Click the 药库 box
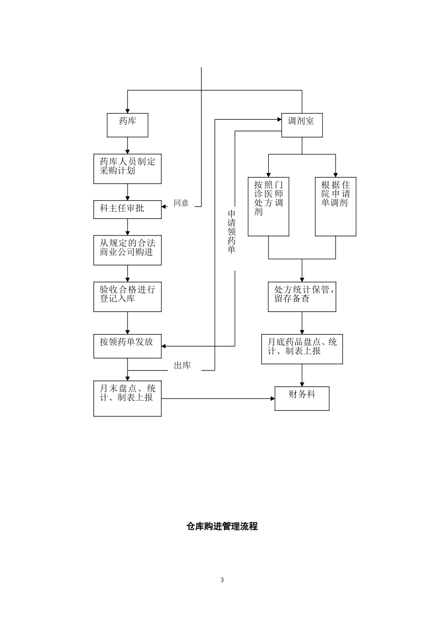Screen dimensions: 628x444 click(x=127, y=125)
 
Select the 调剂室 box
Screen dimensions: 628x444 click(x=301, y=125)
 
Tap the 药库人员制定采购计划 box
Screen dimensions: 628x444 click(x=127, y=169)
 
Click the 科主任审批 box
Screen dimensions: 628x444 click(x=127, y=209)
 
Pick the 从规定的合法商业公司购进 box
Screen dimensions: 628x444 click(x=127, y=250)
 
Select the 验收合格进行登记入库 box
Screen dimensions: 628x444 click(x=127, y=297)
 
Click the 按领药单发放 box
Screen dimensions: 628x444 click(x=127, y=346)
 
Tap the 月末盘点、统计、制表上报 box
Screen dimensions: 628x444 click(x=127, y=399)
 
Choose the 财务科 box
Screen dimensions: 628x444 click(x=301, y=399)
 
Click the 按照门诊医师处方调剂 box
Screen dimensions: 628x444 click(x=268, y=206)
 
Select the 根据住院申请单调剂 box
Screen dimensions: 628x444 click(x=336, y=206)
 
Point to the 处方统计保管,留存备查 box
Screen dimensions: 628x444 click(x=301, y=297)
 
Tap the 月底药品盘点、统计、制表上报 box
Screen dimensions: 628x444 click(x=301, y=349)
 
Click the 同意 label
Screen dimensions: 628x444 click(x=181, y=203)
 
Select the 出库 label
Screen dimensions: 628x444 click(x=182, y=366)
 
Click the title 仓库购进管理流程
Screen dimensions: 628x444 click(x=222, y=526)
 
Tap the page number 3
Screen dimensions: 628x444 click(x=222, y=580)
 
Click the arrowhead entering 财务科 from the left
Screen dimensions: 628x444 click(x=272, y=399)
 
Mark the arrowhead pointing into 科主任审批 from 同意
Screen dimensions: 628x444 click(x=164, y=206)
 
